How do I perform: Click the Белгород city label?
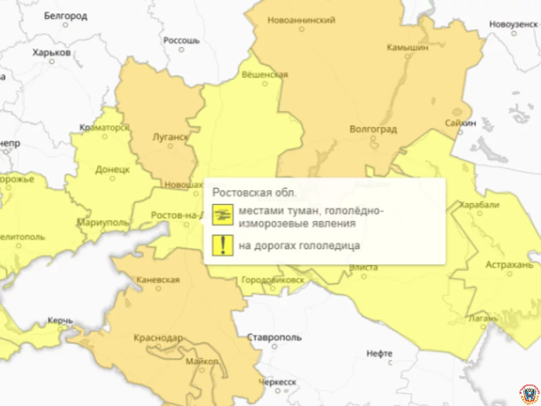[65, 16]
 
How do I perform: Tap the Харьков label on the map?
[52, 53]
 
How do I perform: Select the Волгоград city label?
[373, 129]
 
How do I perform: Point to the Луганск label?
[171, 137]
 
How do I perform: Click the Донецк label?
[112, 170]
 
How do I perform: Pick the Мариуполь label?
[103, 223]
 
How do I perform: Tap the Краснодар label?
[158, 338]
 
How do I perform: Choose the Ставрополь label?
[274, 338]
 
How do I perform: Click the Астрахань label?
[509, 265]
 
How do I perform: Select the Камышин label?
[407, 47]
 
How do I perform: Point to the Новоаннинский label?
[301, 20]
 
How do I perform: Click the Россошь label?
[181, 40]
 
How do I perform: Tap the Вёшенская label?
[265, 75]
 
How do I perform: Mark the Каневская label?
[158, 280]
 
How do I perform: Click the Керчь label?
[60, 320]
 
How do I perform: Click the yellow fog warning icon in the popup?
[223, 215]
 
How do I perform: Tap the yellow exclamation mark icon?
[223, 245]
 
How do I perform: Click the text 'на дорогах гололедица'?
[299, 246]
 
